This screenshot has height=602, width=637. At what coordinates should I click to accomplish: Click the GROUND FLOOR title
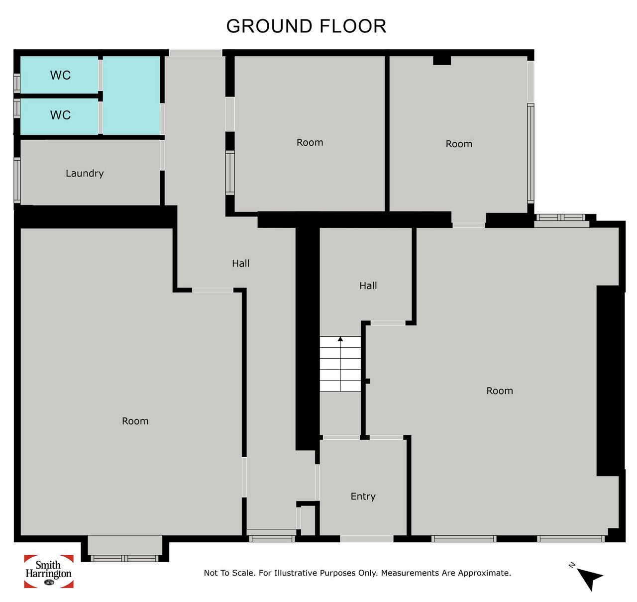[306, 26]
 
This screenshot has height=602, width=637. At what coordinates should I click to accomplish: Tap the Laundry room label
[85, 173]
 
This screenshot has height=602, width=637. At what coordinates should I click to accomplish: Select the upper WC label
[60, 75]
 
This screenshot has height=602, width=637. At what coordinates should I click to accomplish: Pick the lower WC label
[60, 115]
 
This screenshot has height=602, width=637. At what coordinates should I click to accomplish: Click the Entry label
[363, 497]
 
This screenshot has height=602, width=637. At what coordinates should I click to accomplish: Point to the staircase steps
[340, 364]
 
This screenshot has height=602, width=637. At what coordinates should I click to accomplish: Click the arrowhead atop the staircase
[340, 339]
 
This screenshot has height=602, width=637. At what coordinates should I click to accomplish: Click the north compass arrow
[589, 579]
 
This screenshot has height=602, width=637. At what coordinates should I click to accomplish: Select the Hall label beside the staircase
[368, 286]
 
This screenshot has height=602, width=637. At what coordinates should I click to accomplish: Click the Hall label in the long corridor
[241, 263]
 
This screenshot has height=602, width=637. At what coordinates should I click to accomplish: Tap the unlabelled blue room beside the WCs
[131, 95]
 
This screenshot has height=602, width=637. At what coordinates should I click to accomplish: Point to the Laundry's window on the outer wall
[17, 180]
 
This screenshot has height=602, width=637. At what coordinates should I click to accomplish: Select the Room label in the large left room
[135, 421]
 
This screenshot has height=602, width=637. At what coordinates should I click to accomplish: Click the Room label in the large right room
[500, 391]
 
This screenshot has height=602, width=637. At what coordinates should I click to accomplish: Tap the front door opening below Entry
[367, 538]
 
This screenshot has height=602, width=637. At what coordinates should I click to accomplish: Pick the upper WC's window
[17, 83]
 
